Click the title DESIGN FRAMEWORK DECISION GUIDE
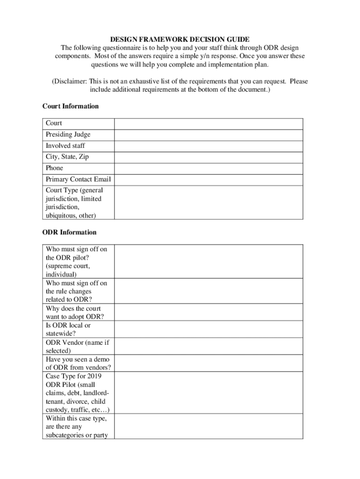[180, 39]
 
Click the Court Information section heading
[71, 106]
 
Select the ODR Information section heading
[69, 232]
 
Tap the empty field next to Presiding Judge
[209, 135]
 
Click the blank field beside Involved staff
[209, 146]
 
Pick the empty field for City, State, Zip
[209, 157]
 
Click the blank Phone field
[209, 168]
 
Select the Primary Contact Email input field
[209, 180]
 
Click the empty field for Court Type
[209, 203]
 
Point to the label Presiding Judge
[68, 135]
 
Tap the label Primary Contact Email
[78, 180]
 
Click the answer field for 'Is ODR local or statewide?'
[209, 329]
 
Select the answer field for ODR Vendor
[209, 346]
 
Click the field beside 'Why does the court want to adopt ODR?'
[209, 312]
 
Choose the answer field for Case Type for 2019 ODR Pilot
[209, 393]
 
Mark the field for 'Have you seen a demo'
[209, 363]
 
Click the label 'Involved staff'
[65, 146]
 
